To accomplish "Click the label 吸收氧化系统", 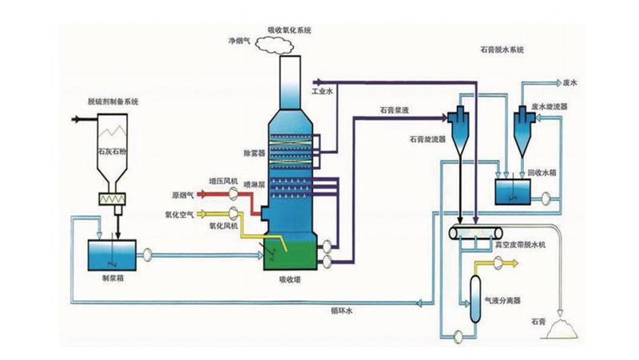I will coord(288,29).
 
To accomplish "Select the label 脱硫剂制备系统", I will coord(113,101).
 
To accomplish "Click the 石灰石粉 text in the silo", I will coord(113,149).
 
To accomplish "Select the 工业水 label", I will coord(320,92).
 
